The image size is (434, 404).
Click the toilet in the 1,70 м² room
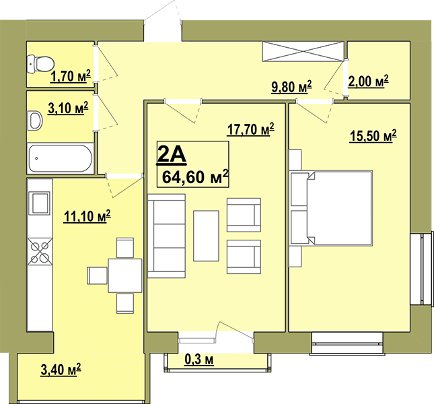(40, 64)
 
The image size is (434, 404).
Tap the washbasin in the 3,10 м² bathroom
(35, 121)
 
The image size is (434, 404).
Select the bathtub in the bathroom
(61, 158)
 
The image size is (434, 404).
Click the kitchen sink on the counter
(40, 203)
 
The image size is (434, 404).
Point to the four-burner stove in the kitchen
(40, 251)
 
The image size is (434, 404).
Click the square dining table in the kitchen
(125, 275)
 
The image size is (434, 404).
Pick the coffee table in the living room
(206, 236)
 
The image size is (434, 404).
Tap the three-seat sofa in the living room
(166, 236)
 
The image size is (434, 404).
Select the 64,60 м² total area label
(195, 177)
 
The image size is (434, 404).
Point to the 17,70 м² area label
(250, 129)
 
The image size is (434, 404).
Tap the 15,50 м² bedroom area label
(373, 136)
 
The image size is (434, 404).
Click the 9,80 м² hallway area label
(291, 87)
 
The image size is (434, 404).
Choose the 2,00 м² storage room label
(368, 81)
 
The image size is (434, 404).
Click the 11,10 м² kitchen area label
(87, 216)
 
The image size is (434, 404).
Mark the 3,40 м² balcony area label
(61, 370)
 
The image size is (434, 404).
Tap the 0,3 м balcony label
(199, 360)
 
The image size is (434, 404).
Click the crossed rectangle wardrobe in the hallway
(303, 51)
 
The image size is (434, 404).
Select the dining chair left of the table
(97, 275)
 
